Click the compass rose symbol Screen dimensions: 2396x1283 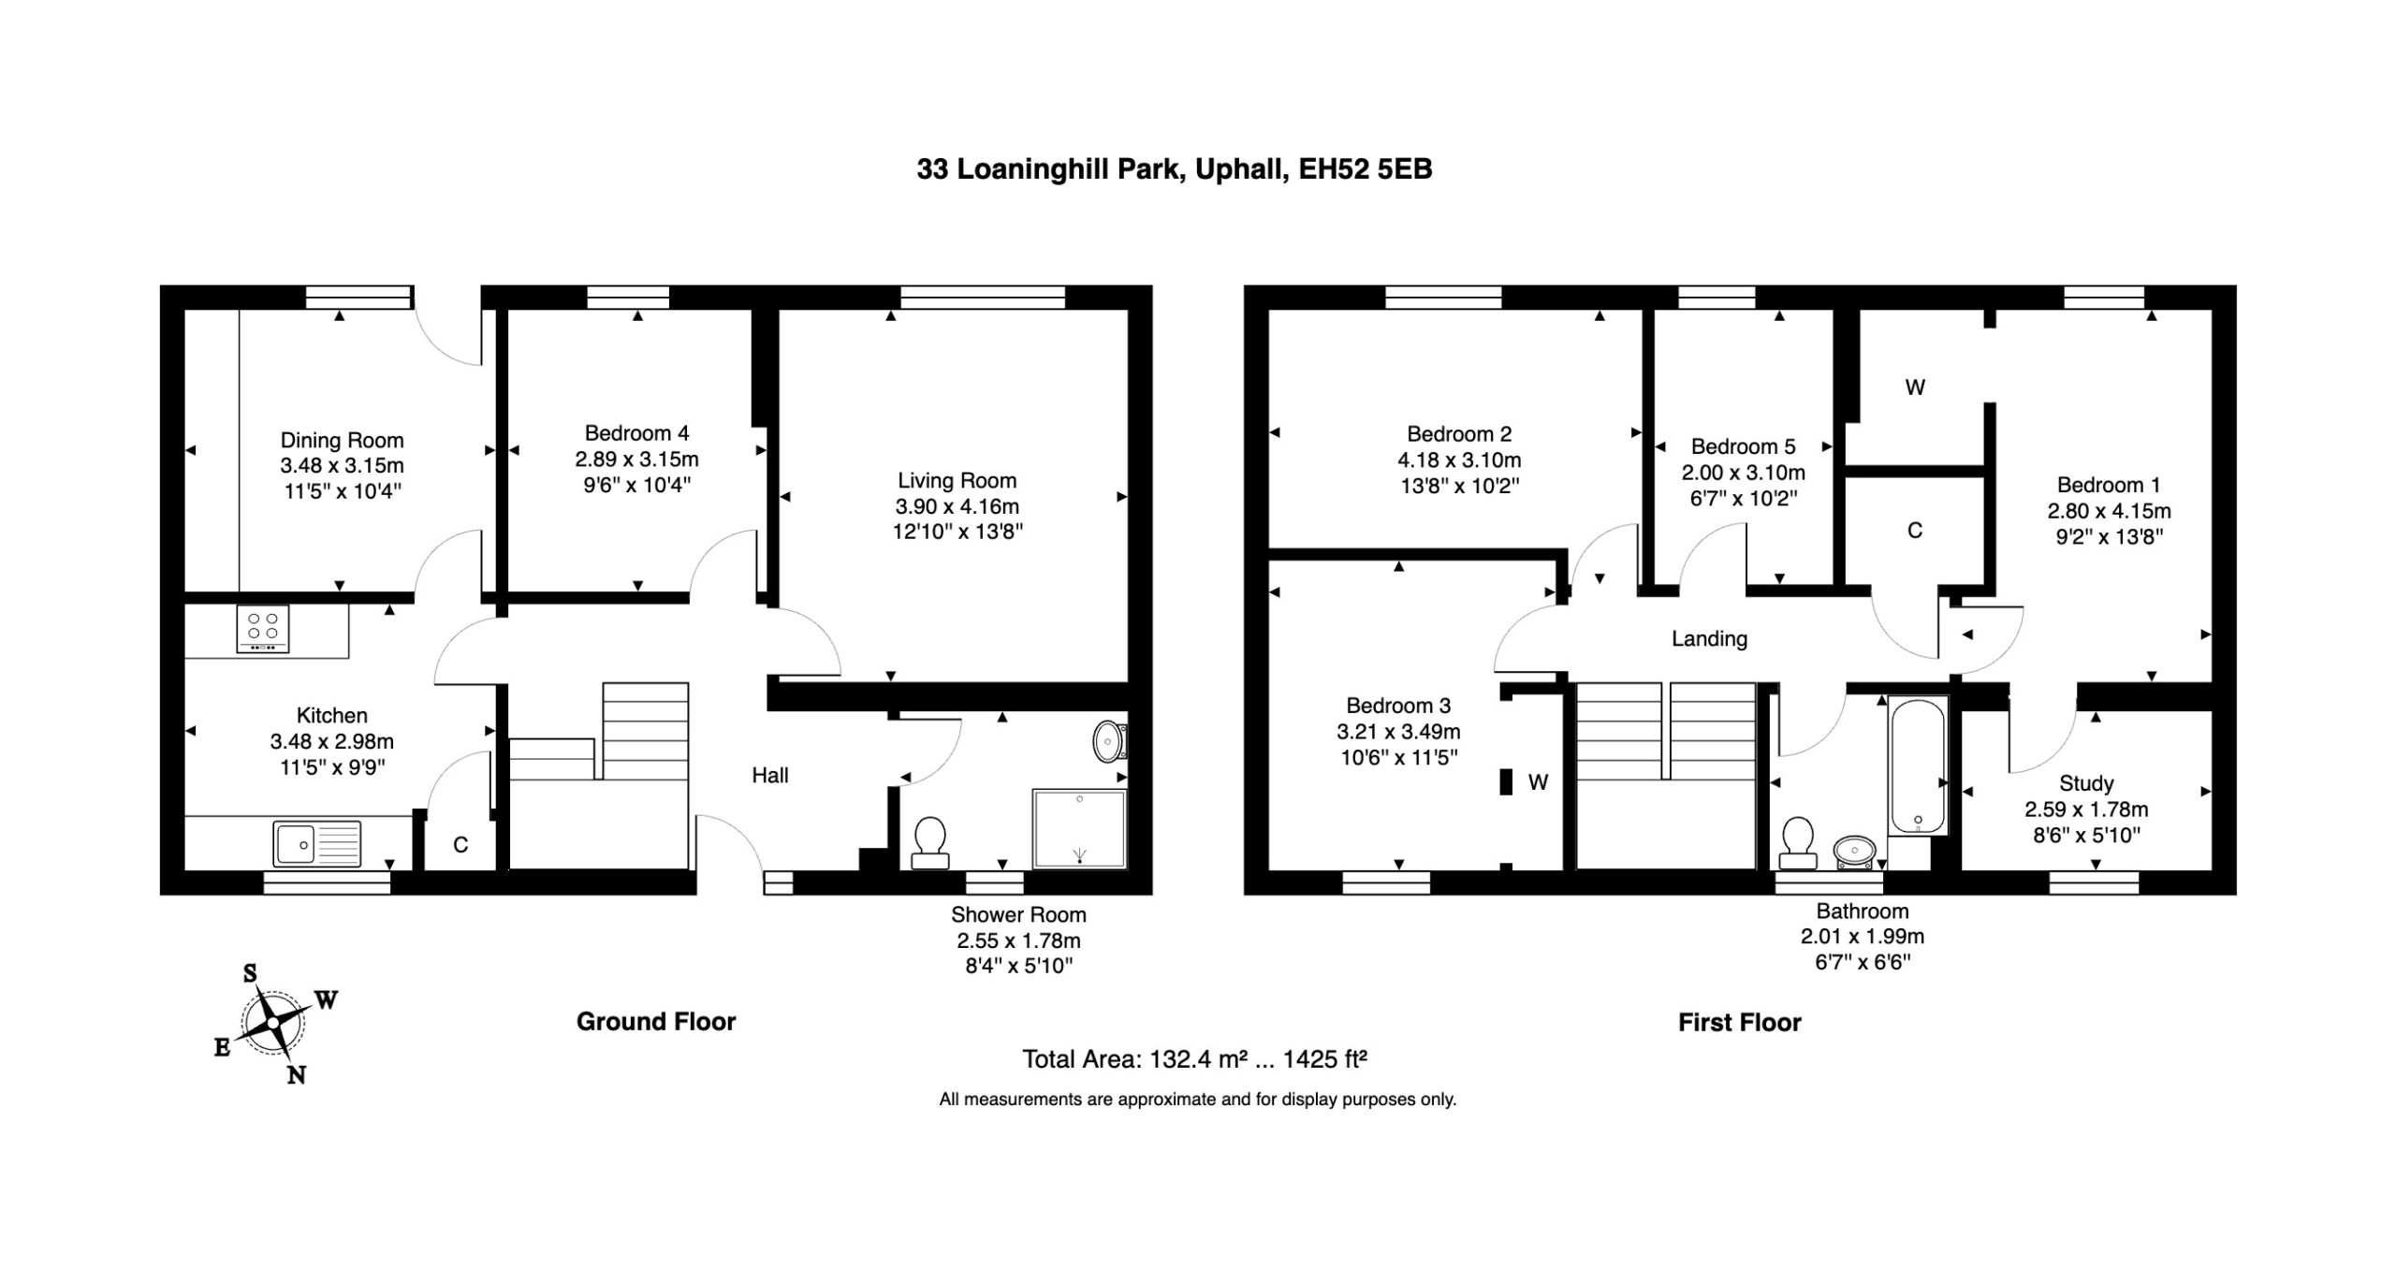273,1023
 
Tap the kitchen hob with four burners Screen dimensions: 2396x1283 263,628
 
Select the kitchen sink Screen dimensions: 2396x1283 317,843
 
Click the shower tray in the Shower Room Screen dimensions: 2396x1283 1079,829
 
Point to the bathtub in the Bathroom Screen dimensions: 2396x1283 1918,765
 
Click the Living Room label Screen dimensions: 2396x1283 957,481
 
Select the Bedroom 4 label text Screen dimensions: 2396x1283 636,433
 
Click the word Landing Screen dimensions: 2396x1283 1709,639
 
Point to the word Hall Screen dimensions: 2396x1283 770,775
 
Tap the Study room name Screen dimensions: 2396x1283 2086,783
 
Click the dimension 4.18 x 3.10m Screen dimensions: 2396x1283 1459,460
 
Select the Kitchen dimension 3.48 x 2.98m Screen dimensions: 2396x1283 331,742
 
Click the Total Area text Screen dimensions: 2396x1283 1195,1059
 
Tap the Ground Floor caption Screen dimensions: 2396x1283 656,1022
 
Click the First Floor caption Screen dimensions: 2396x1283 1739,1023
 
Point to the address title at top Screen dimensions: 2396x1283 1174,169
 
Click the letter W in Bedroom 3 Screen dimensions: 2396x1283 1538,782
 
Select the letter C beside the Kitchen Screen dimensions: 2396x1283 460,845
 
